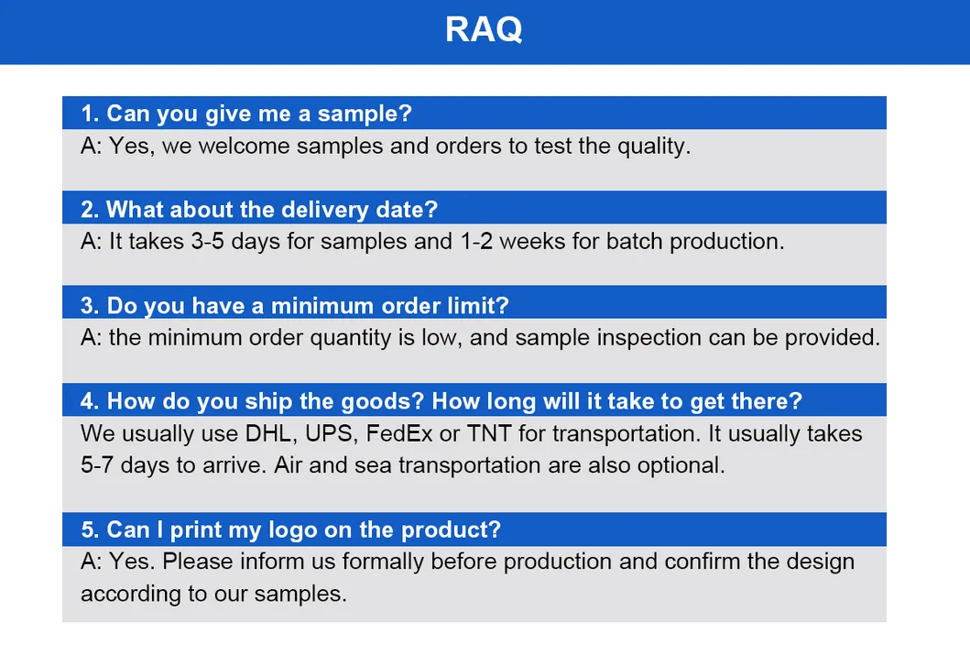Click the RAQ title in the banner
tap(484, 29)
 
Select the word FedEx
tap(399, 432)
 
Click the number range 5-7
tap(98, 464)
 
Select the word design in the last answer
tap(822, 561)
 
